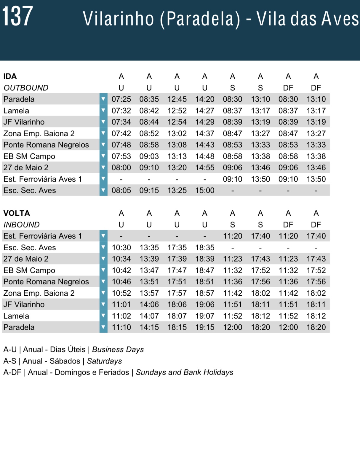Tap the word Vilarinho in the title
(118, 19)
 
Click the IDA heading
(10, 76)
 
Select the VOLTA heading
(17, 213)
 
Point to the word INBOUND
(21, 225)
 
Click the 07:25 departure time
(121, 99)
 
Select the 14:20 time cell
(205, 99)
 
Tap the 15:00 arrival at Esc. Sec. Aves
(205, 190)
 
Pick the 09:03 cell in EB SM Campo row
(149, 156)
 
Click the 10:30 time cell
(121, 247)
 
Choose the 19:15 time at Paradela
(205, 327)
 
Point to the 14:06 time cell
(149, 305)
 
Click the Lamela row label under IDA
(16, 111)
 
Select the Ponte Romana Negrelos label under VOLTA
(46, 282)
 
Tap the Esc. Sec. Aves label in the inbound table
(30, 247)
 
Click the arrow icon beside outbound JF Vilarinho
(103, 122)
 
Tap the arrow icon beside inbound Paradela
(103, 327)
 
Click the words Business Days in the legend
(118, 350)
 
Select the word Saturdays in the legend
(104, 361)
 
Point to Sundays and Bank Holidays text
(184, 372)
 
